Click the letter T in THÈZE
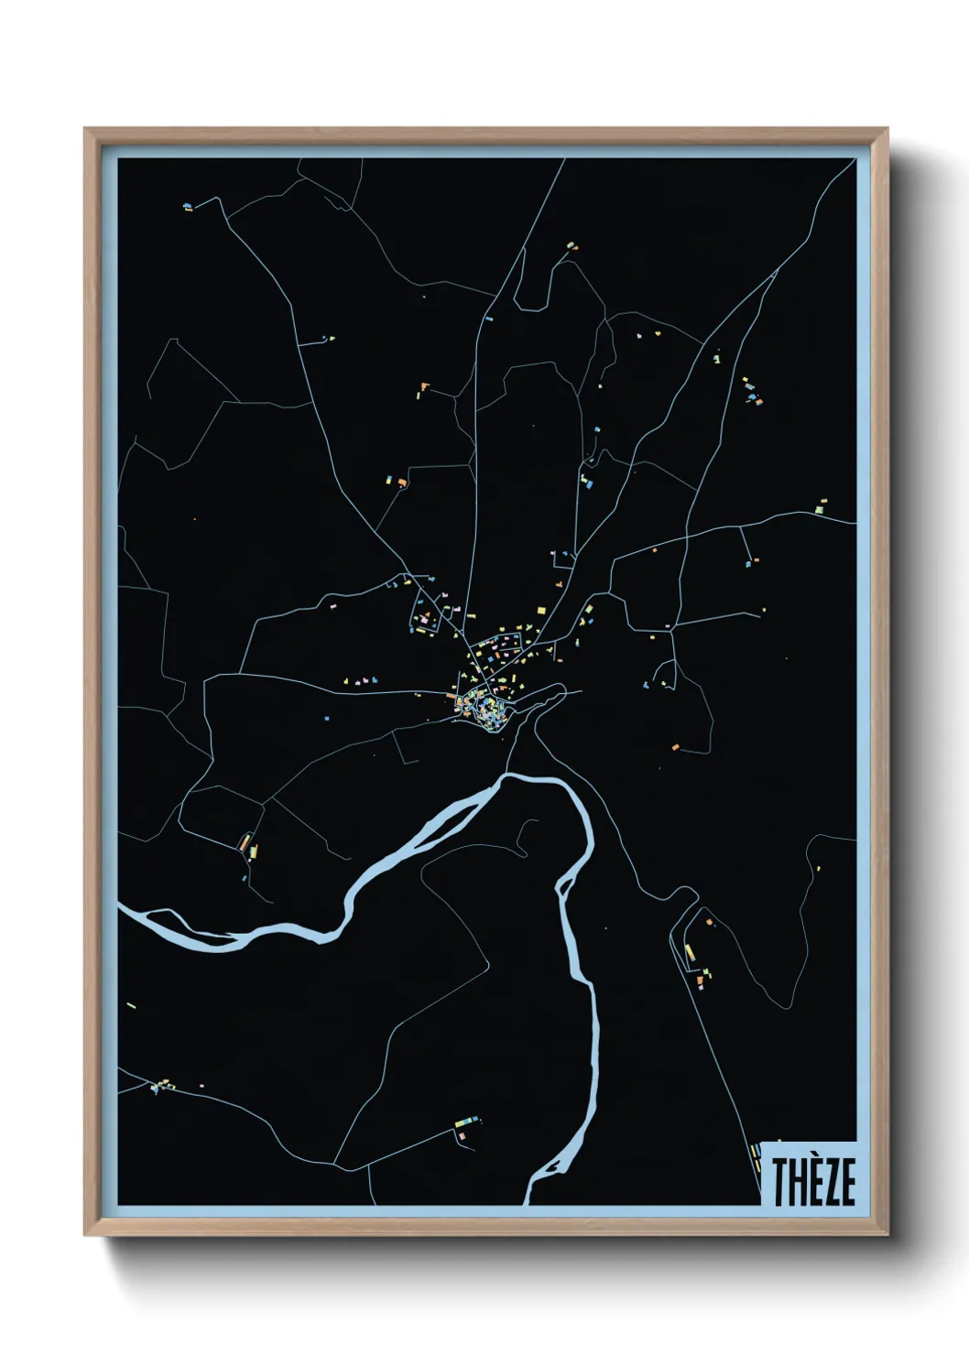pos(780,1182)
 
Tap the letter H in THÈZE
pos(799,1182)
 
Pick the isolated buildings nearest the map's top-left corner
pos(188,207)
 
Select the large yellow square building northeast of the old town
pos(540,610)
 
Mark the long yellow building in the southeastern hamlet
pos(690,953)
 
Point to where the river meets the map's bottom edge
pos(528,1201)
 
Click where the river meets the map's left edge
pos(122,909)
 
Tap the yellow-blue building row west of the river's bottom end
pos(466,1121)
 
